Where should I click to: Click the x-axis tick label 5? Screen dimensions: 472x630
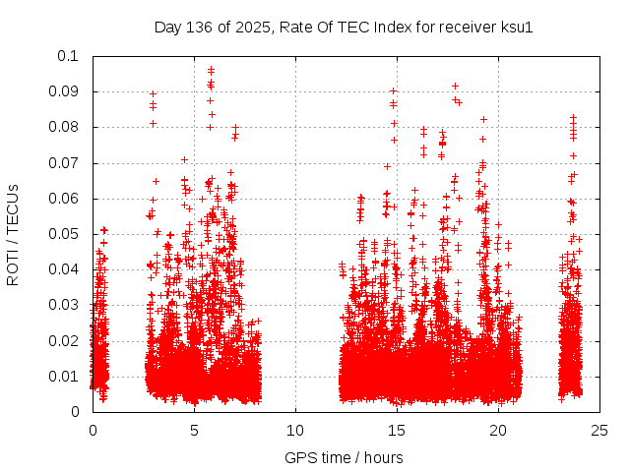click(x=194, y=430)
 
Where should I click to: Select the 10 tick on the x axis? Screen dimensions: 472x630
click(x=295, y=430)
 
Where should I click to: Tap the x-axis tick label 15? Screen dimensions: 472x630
click(x=397, y=430)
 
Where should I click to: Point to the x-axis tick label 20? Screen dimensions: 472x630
click(x=498, y=430)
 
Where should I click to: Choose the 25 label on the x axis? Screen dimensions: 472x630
click(x=599, y=430)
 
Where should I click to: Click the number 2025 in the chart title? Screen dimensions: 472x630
click(x=252, y=27)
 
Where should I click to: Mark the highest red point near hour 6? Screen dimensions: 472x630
click(x=211, y=70)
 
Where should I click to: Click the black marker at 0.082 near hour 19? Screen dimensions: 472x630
click(x=483, y=119)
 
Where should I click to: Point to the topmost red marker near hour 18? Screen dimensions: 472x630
click(x=455, y=86)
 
